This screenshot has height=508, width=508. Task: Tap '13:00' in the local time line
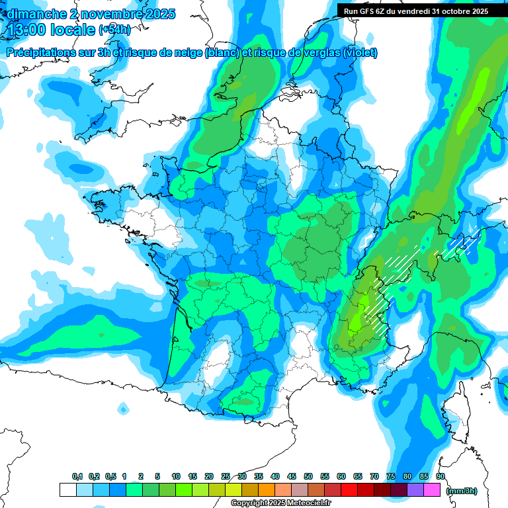26,30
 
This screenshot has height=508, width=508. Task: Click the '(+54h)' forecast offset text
114,30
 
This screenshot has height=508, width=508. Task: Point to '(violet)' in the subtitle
360,52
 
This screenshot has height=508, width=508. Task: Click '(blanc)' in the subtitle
222,52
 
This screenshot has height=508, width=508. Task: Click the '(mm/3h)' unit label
462,490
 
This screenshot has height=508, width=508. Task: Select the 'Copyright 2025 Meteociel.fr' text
280,503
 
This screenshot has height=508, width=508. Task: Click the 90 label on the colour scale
440,476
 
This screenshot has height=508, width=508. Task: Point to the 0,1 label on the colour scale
77,476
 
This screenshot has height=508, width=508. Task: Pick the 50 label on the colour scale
308,476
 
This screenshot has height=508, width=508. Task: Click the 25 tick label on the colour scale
226,476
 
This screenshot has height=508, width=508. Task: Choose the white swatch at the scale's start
67,489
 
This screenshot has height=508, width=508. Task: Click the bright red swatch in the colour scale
349,489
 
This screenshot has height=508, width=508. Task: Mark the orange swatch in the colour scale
267,489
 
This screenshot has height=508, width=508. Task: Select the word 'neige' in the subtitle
187,52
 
